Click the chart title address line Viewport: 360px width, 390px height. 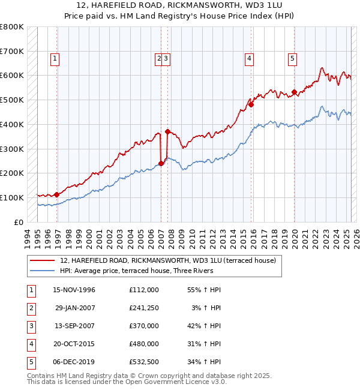point(179,6)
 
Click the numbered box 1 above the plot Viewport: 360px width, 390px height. point(55,59)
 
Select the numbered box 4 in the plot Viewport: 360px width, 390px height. point(248,59)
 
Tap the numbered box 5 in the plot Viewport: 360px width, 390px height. point(292,59)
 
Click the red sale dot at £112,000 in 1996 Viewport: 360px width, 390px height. point(56,194)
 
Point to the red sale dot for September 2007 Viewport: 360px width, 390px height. point(167,131)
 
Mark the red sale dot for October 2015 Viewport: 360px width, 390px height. point(251,104)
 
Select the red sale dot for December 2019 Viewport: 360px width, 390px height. point(294,92)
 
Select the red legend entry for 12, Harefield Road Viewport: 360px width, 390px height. point(167,260)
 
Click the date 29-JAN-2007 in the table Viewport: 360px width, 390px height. point(74,308)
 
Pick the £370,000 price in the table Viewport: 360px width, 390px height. point(144,326)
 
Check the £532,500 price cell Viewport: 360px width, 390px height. point(144,362)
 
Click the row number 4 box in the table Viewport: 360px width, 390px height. point(31,344)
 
